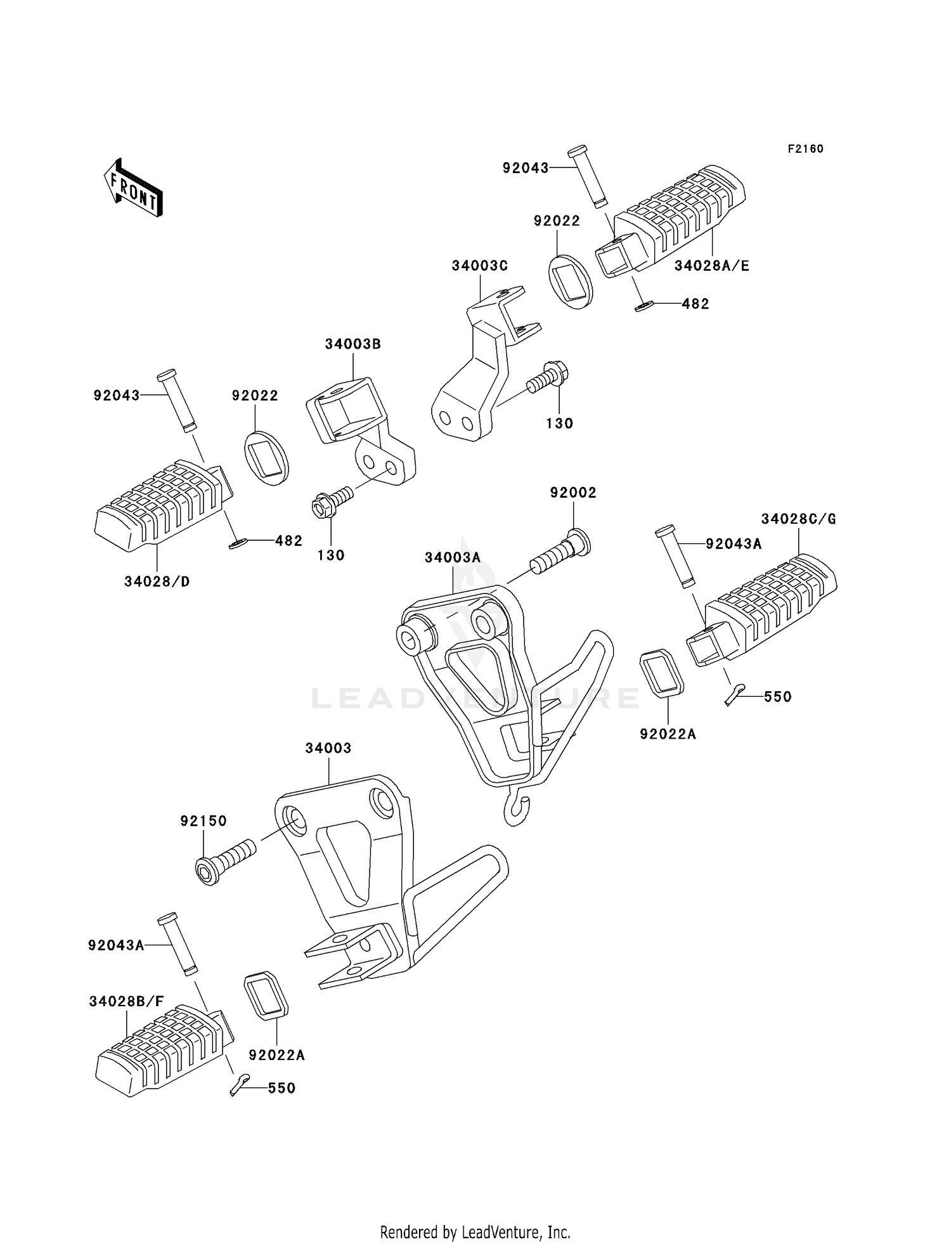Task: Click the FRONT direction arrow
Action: (134, 188)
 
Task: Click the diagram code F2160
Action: (805, 149)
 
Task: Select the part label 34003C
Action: (479, 266)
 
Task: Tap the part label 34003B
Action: (353, 344)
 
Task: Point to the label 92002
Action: (573, 493)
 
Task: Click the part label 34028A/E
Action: (711, 266)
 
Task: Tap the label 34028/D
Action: (157, 581)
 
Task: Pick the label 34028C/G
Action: (798, 519)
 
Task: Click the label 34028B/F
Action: (126, 1001)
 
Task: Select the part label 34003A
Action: (453, 557)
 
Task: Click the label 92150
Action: (203, 821)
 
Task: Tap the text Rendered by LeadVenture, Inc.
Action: (475, 1232)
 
